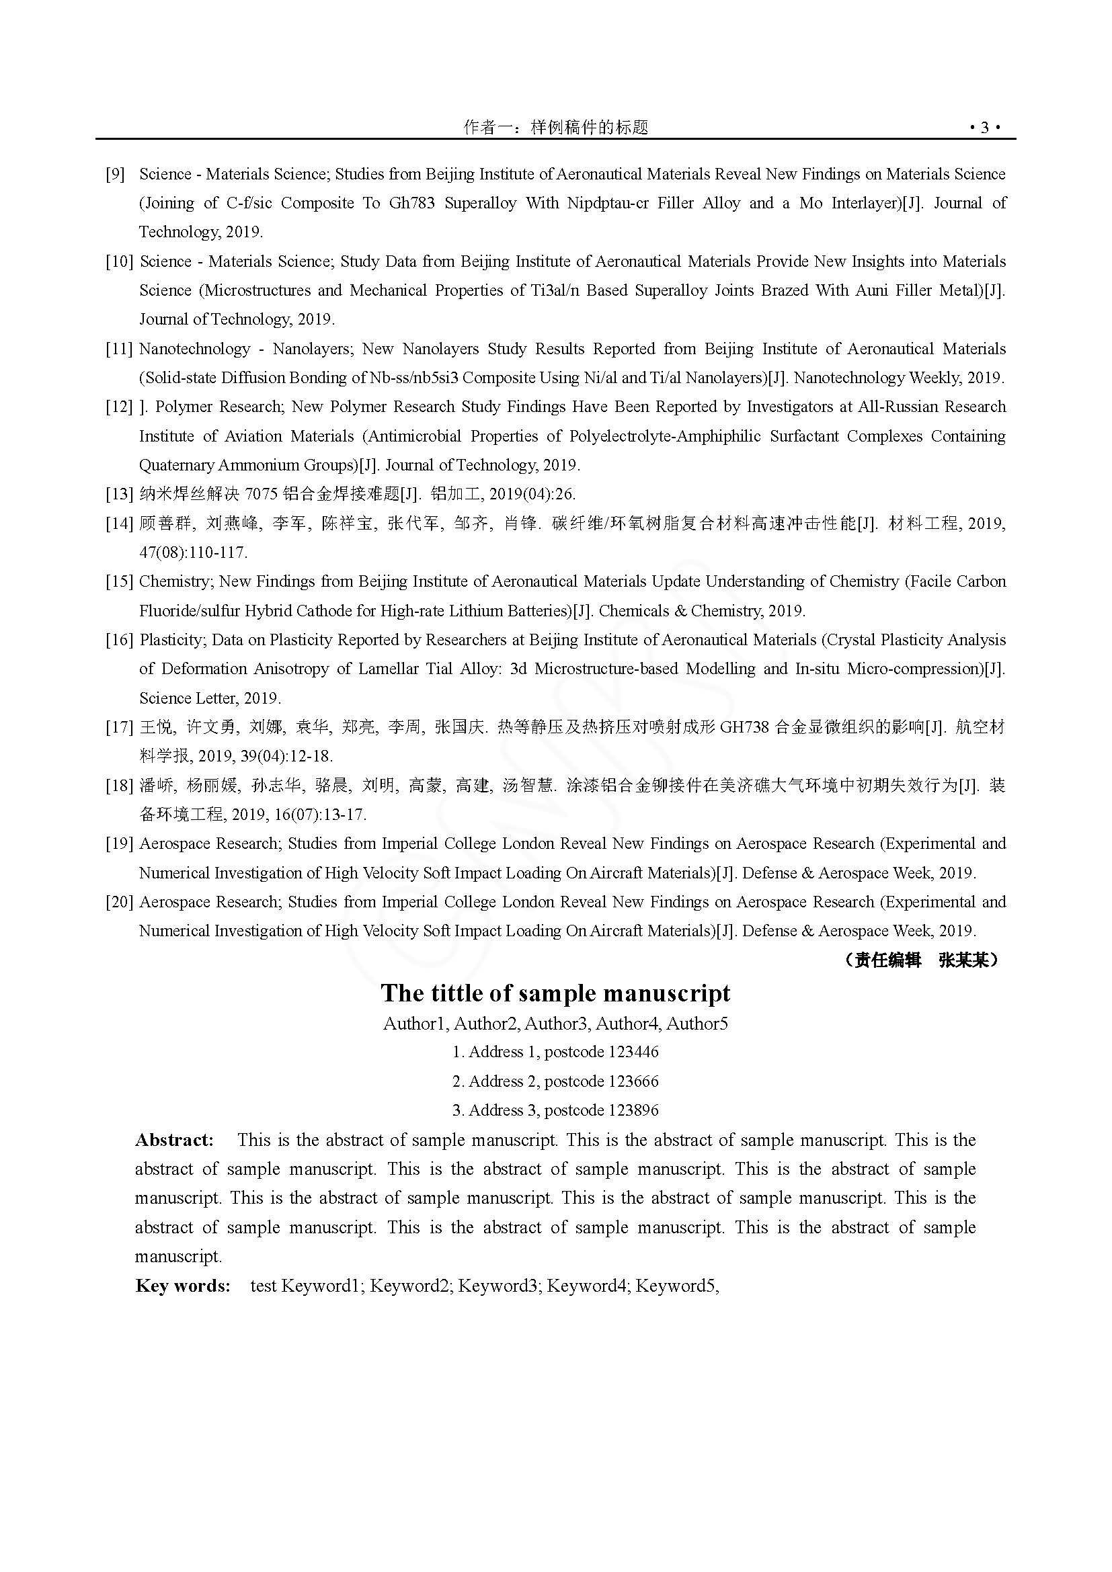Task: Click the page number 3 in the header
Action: click(x=985, y=128)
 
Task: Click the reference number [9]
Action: click(x=116, y=175)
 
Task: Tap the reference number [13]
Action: click(x=119, y=495)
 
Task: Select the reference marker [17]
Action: click(x=119, y=728)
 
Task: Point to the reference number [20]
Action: click(x=119, y=903)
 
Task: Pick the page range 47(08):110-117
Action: click(x=193, y=552)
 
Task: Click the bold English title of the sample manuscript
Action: click(x=555, y=993)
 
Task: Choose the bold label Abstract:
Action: click(x=175, y=1140)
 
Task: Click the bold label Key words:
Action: click(x=183, y=1286)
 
